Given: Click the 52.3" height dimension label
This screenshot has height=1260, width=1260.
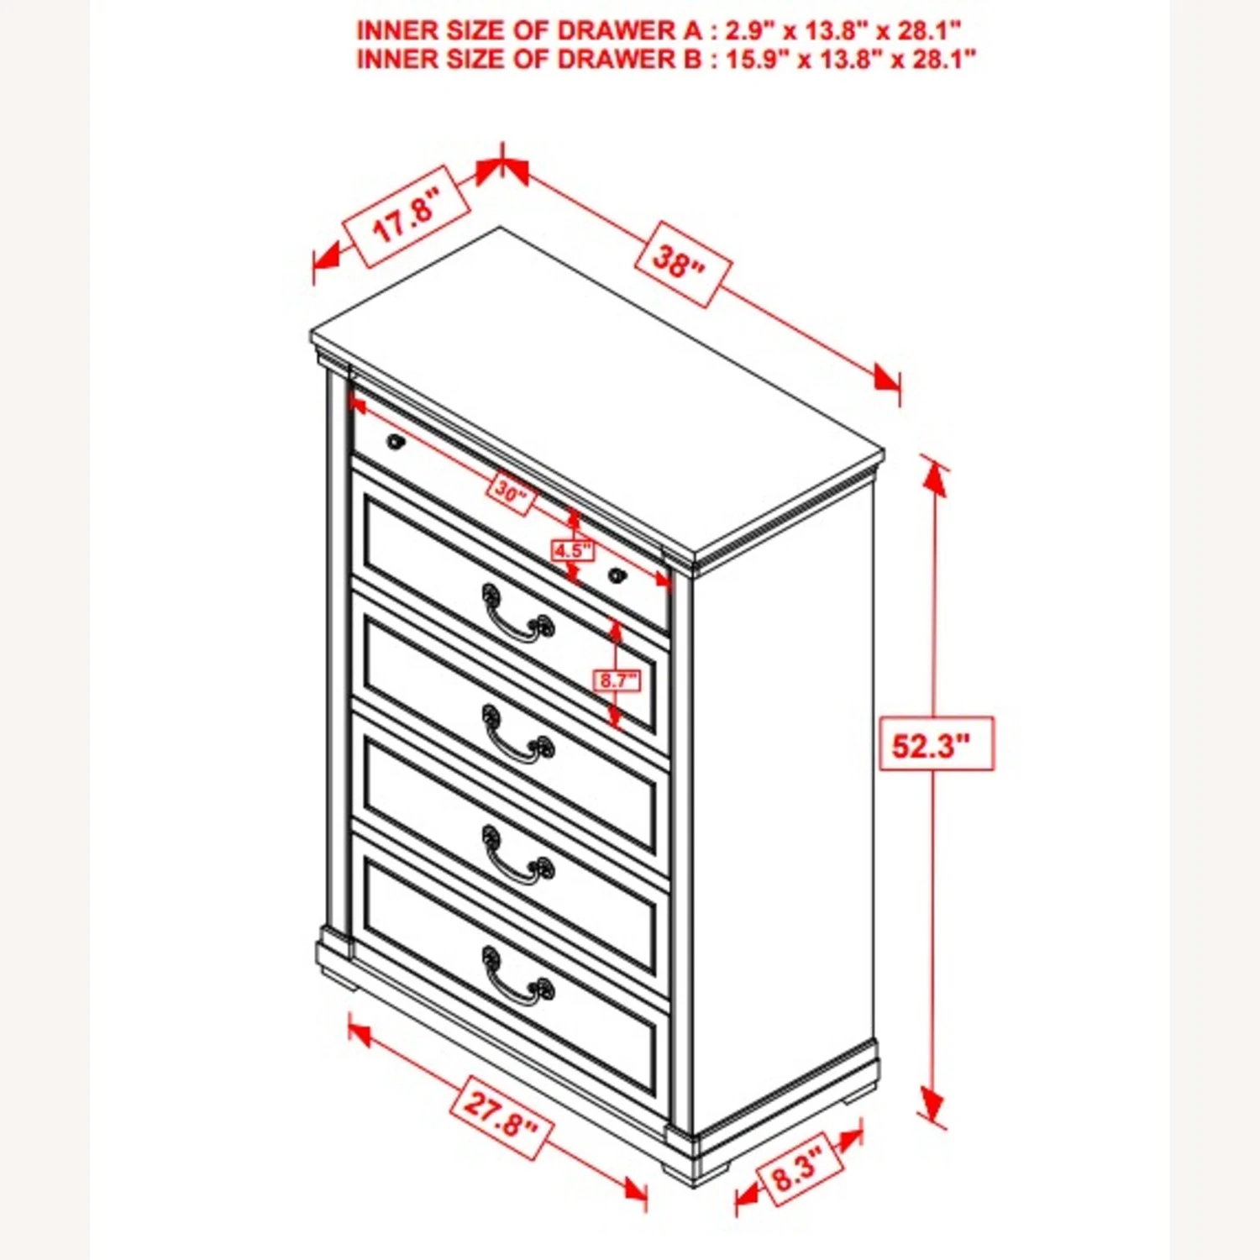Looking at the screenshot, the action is point(936,744).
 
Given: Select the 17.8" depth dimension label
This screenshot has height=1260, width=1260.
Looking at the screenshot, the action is point(407,216).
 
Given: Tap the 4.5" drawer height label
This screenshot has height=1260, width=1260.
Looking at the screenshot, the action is point(572,551).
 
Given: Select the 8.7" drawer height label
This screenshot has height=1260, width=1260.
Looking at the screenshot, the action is point(617,680).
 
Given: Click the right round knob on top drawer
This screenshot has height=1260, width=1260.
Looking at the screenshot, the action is point(617,575).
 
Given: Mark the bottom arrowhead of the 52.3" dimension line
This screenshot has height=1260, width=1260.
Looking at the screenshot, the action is point(932,1102).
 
